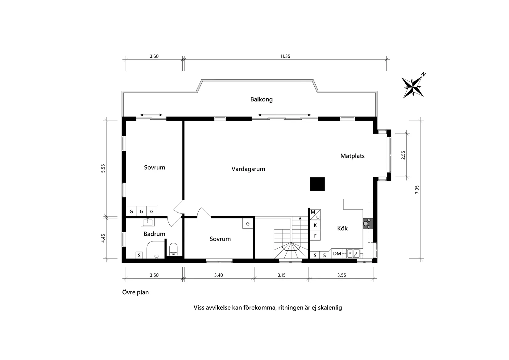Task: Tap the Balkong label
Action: pos(261,99)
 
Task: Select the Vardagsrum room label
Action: pos(248,169)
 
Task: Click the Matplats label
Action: pos(352,156)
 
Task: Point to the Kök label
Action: pos(342,228)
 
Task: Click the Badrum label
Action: pos(154,234)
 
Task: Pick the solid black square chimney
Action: pos(317,184)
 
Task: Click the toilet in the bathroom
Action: pos(174,249)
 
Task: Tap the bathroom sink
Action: pos(148,222)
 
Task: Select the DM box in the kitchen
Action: pos(337,254)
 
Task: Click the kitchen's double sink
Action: pos(353,254)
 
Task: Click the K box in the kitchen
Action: pos(315,226)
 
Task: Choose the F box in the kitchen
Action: pos(315,236)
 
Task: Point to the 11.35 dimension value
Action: pos(285,56)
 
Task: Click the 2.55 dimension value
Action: pos(403,155)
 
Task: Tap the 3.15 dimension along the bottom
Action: pos(281,275)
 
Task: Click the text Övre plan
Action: pos(135,292)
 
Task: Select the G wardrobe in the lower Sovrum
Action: pos(248,224)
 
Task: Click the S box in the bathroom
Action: pos(139,255)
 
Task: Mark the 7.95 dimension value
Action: pos(417,189)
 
